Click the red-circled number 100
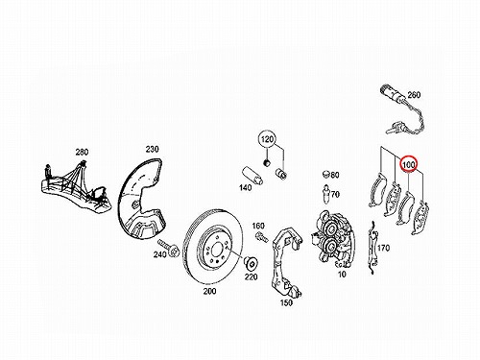(409, 164)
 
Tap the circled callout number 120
(267, 139)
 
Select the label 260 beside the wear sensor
(414, 95)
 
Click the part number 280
(82, 152)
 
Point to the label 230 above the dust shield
(152, 149)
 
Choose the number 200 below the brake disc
(209, 291)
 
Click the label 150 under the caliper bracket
(286, 302)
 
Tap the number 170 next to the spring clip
(383, 248)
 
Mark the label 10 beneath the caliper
(342, 275)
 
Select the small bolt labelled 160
(262, 237)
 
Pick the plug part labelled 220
(252, 263)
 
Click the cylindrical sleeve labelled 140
(252, 176)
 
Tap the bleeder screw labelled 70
(326, 193)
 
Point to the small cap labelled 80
(326, 175)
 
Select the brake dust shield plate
(142, 199)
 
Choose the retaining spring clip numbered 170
(372, 248)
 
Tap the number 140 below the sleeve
(246, 187)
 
